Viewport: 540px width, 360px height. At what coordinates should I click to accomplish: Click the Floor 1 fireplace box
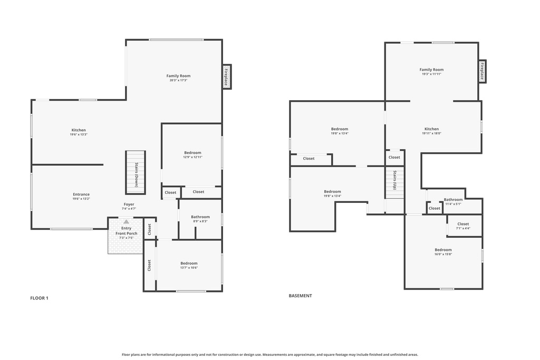[227, 77]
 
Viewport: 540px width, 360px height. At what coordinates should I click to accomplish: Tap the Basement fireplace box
[482, 71]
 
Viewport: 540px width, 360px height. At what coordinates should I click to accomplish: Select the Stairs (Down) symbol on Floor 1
[135, 172]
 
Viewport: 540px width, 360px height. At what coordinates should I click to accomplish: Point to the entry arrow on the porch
[126, 222]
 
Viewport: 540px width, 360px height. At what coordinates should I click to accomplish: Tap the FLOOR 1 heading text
[39, 298]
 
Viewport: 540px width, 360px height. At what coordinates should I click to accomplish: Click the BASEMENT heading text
[300, 296]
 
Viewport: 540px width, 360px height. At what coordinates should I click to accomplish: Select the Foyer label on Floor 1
[129, 205]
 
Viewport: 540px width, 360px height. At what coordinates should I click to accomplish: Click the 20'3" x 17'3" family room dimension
[178, 81]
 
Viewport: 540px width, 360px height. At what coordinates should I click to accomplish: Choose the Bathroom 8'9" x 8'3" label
[200, 219]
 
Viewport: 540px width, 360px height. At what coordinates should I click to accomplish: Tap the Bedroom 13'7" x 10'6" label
[189, 265]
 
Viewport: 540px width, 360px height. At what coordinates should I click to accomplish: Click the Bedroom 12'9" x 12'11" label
[192, 155]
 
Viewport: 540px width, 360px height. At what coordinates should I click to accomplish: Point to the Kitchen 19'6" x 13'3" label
[79, 132]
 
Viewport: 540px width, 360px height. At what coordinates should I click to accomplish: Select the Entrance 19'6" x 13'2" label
[81, 196]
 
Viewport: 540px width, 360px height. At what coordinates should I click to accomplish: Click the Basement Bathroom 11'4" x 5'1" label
[453, 201]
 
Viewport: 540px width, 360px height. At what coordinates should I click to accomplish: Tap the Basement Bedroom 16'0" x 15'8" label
[443, 252]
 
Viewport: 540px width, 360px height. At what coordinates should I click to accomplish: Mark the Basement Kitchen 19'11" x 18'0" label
[431, 131]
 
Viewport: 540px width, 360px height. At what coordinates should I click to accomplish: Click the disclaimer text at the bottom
[270, 355]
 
